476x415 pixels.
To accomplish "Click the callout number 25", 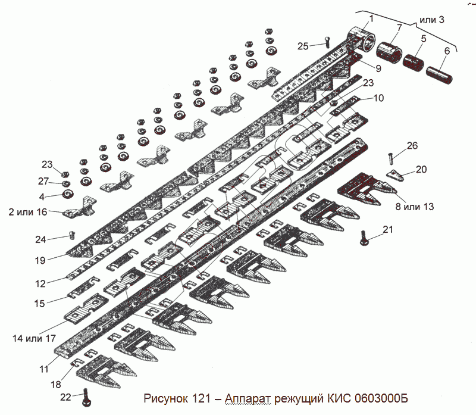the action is tap(303, 46).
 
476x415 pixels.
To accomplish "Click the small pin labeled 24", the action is tap(73, 235).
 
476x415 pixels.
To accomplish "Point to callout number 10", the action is tap(379, 97).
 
